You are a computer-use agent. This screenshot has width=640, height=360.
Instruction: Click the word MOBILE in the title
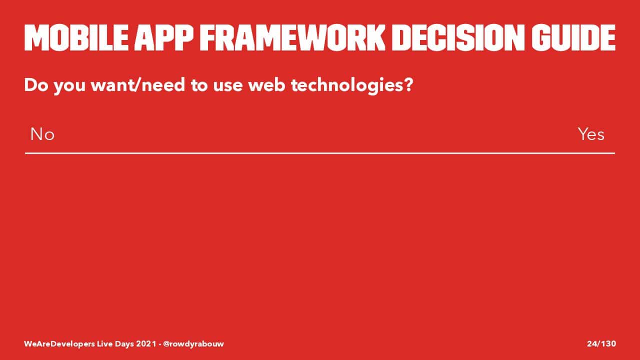click(76, 37)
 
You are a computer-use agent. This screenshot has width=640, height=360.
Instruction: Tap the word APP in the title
click(164, 37)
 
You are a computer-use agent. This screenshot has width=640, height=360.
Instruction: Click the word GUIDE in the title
click(573, 37)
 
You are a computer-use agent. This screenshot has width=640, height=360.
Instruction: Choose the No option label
click(42, 134)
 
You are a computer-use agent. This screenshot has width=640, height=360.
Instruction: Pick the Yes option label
click(591, 134)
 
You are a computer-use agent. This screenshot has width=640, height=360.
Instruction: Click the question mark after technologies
click(409, 85)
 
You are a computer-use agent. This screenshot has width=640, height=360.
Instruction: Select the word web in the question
click(266, 85)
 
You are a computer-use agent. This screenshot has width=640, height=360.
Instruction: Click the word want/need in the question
click(137, 85)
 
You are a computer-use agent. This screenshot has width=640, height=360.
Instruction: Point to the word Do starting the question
click(36, 85)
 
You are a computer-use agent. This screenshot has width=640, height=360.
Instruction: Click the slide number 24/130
click(601, 343)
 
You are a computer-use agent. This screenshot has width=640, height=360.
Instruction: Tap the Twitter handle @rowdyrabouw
click(193, 343)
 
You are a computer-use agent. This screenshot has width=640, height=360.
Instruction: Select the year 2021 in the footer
click(146, 343)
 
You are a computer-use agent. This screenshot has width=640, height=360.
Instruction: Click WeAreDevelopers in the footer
click(59, 344)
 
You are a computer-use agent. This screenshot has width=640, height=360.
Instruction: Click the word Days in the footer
click(124, 344)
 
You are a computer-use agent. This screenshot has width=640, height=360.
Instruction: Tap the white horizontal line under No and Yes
click(320, 153)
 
